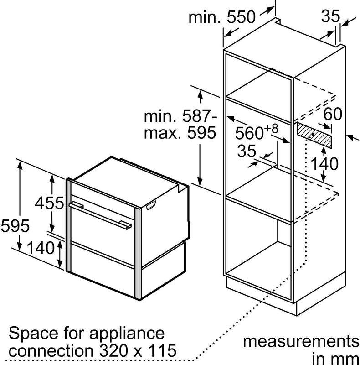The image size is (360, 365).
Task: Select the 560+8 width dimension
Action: pos(257,133)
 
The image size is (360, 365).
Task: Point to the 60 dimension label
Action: pos(332,114)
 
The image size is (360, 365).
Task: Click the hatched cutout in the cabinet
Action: pos(314,135)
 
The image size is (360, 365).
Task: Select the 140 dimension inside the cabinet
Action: pos(324,163)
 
